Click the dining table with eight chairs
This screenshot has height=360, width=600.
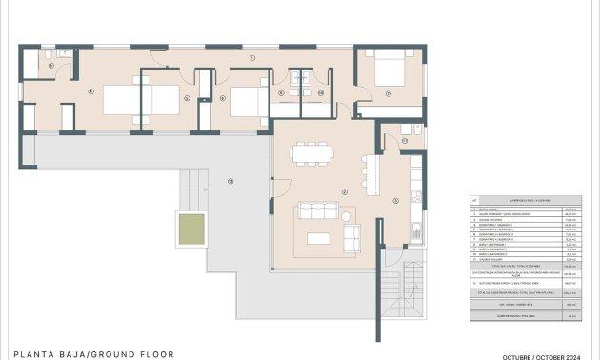[x=311, y=153]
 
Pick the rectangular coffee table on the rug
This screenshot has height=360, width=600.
[x=319, y=237]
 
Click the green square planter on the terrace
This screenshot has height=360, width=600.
[x=191, y=229]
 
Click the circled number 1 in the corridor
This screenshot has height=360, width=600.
[x=252, y=59]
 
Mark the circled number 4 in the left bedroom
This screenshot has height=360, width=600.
[x=90, y=91]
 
